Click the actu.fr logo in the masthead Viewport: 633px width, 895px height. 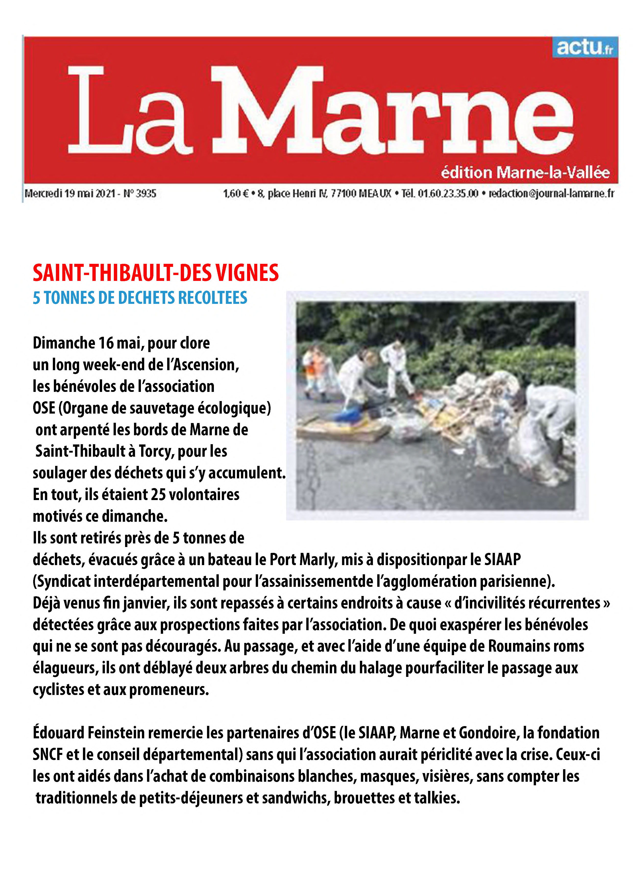coord(584,47)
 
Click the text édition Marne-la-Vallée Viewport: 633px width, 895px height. coord(525,172)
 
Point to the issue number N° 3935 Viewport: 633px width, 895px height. coord(140,193)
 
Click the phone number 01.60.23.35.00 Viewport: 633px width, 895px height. coord(448,193)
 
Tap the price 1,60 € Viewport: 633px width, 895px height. coord(236,193)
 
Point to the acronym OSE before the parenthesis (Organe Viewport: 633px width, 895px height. coord(44,408)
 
